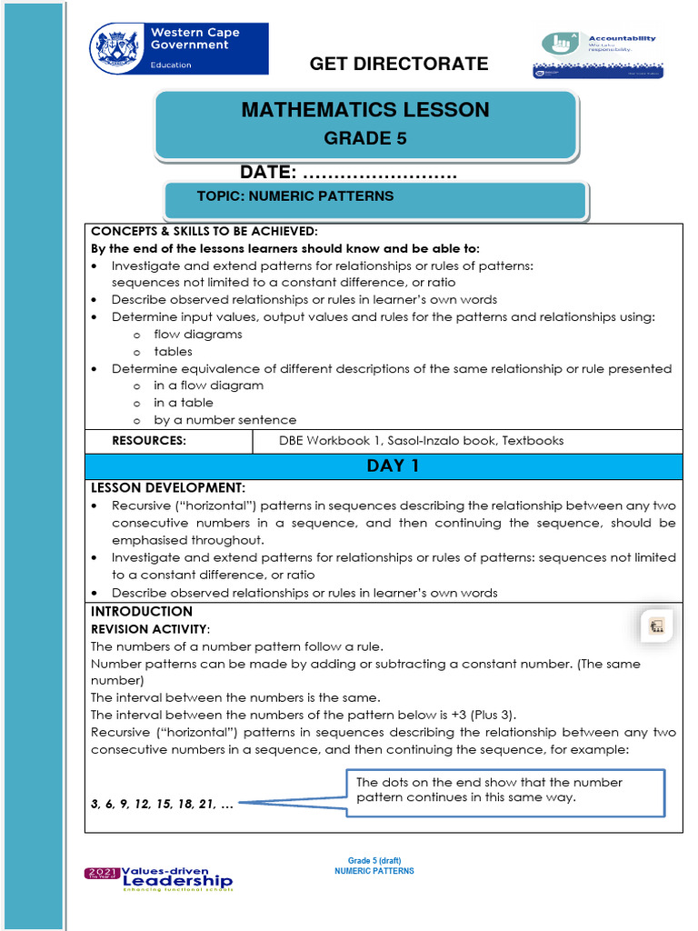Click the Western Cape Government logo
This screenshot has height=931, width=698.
point(179,48)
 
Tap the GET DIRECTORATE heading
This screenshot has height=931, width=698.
point(399,64)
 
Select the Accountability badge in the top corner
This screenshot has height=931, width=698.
point(597,55)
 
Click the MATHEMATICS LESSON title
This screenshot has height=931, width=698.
point(365,110)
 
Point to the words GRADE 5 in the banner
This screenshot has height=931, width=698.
point(365,139)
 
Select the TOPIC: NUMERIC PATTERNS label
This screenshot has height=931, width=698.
point(295,196)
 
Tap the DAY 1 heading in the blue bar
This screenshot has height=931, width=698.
point(383,466)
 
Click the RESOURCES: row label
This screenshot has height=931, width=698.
point(149,441)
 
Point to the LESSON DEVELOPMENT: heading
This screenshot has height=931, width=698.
point(168,488)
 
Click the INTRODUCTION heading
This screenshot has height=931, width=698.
point(142,612)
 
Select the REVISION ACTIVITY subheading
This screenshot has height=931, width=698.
point(150,629)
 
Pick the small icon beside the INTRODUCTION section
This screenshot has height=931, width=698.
point(656,626)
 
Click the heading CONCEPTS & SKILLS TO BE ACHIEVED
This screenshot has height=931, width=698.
point(204,232)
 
